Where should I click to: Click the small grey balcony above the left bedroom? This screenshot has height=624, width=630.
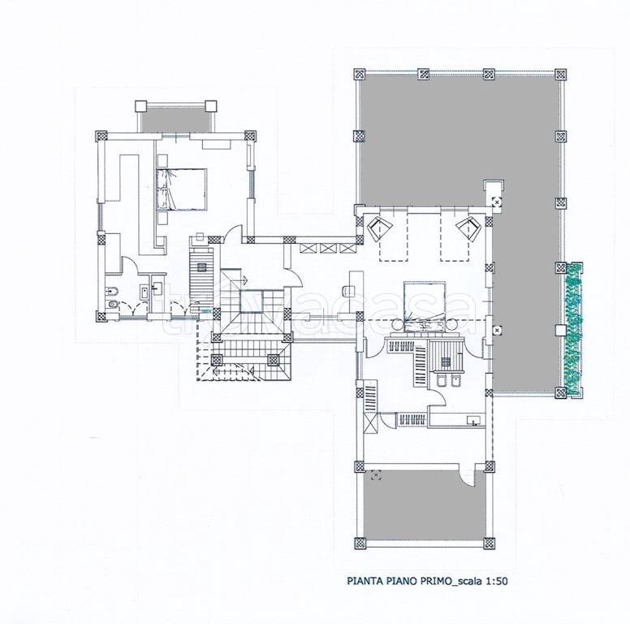[176, 119]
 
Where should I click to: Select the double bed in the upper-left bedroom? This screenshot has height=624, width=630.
[181, 189]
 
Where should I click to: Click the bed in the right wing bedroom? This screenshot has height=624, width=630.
[425, 306]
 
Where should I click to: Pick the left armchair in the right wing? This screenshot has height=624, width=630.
[378, 228]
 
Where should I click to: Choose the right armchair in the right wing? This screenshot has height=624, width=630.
[469, 228]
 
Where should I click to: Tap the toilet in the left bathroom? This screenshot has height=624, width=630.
[112, 305]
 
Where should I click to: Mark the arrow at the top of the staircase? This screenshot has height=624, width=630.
[243, 279]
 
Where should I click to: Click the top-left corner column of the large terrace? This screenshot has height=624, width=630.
[359, 74]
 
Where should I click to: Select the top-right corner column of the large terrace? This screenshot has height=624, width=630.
[560, 74]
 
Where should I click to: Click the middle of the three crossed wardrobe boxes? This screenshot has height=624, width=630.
[327, 248]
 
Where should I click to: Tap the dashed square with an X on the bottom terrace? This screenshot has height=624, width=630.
[376, 474]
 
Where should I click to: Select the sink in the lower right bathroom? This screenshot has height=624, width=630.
[473, 421]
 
